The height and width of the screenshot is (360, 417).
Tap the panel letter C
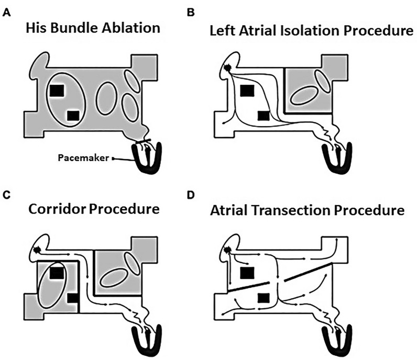[7, 195]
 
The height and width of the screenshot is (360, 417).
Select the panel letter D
[217, 195]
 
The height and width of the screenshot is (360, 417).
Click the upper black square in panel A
[56, 91]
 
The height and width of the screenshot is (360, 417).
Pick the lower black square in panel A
[73, 115]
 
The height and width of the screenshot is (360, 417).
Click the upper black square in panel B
[246, 91]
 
